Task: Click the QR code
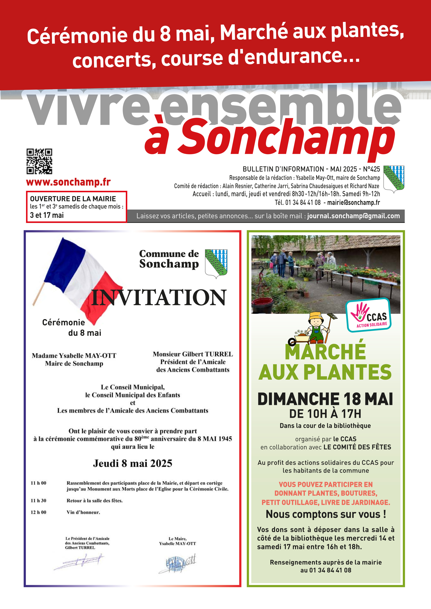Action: pos(39,161)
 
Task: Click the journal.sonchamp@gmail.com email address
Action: pos(353,216)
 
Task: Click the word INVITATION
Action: pos(159,298)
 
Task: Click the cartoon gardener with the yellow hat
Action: pos(316,328)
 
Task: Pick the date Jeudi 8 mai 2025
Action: pos(132,463)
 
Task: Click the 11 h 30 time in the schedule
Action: pos(38,500)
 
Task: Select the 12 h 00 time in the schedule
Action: pos(38,512)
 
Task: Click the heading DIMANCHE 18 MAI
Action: pos(325,399)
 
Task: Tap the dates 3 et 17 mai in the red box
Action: pos(47,215)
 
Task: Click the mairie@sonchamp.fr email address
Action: pos(353,203)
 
